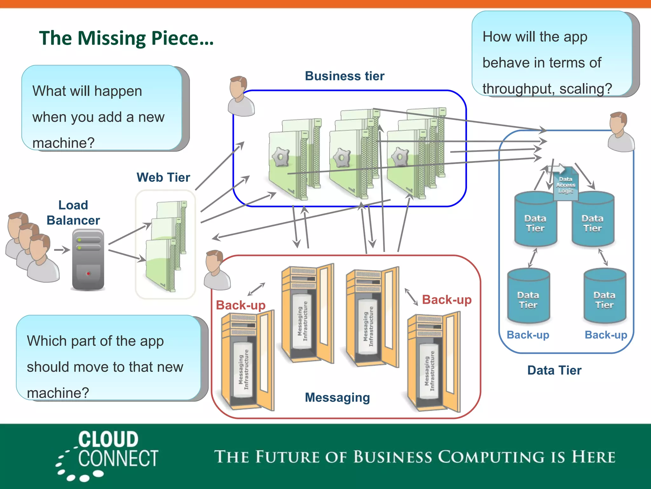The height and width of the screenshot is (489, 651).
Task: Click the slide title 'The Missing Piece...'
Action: pyautogui.click(x=126, y=38)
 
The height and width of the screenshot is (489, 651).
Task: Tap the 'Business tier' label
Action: pyautogui.click(x=345, y=76)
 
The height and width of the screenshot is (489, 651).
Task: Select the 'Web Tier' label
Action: pyautogui.click(x=163, y=177)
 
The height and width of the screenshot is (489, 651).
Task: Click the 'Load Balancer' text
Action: pyautogui.click(x=73, y=213)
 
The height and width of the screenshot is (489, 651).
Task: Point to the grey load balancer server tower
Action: pyautogui.click(x=88, y=259)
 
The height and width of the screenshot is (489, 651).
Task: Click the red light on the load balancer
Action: pyautogui.click(x=88, y=273)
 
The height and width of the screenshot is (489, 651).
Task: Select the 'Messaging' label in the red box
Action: pyautogui.click(x=337, y=397)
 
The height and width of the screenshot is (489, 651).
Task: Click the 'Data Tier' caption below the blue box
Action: pyautogui.click(x=554, y=370)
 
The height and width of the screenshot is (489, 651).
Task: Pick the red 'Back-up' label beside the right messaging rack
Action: pyautogui.click(x=447, y=300)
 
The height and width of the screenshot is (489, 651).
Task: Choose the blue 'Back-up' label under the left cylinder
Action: pyautogui.click(x=528, y=335)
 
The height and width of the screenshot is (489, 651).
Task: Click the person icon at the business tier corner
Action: pyautogui.click(x=241, y=96)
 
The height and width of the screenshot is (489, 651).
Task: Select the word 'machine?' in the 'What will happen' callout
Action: pyautogui.click(x=64, y=143)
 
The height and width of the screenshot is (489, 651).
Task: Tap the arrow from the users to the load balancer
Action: pyautogui.click(x=62, y=250)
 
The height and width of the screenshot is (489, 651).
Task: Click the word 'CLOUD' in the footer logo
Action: pyautogui.click(x=108, y=439)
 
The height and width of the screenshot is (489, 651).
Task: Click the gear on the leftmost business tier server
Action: pyautogui.click(x=280, y=156)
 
